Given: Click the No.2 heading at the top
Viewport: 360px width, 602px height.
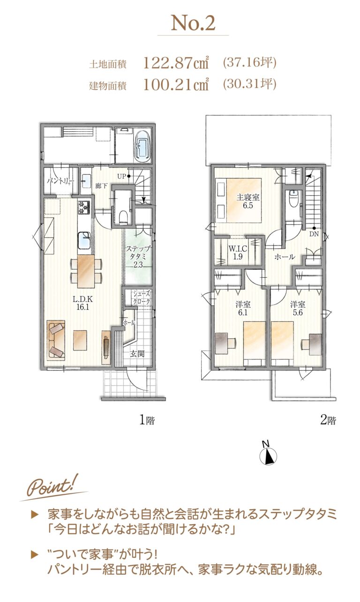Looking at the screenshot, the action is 193,23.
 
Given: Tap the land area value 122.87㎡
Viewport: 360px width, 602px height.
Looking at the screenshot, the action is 176,63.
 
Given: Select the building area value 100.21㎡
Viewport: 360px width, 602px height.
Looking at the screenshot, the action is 176,84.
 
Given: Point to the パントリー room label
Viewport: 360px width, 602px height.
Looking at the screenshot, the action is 60,181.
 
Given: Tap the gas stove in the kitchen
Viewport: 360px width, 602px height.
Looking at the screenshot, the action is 85,207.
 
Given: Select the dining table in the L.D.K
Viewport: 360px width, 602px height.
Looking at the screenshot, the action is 86,271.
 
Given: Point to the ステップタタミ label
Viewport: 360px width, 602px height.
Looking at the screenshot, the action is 138,253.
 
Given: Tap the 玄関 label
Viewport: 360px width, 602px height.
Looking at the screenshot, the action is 137,354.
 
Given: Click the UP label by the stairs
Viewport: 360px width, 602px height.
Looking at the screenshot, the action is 122,177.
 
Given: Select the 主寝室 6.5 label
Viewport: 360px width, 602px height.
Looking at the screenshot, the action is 248,201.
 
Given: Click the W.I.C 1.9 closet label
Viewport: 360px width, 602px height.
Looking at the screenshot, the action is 238,253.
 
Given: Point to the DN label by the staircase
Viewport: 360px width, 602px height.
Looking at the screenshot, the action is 314,234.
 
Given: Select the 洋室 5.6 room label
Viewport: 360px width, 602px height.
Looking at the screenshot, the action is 298,309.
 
